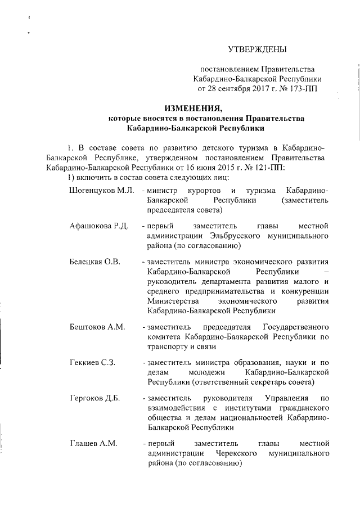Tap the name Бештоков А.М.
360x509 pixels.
pyautogui.click(x=97, y=327)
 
